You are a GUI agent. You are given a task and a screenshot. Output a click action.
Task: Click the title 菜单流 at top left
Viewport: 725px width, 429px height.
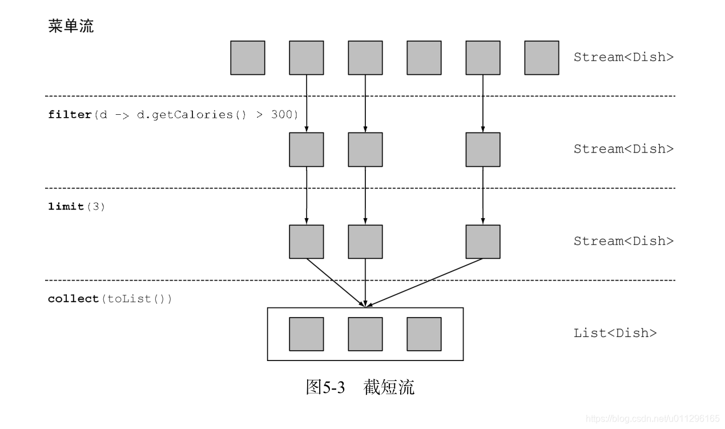coord(71,26)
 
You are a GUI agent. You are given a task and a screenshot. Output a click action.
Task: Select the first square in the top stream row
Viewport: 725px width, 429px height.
coord(247,58)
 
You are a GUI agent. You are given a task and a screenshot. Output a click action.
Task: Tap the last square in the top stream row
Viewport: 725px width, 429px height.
coord(541,58)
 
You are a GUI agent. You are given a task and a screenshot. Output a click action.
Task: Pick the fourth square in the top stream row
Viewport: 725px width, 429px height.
coord(424,58)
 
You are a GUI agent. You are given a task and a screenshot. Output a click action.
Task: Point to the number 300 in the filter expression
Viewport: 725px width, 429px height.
coord(285,114)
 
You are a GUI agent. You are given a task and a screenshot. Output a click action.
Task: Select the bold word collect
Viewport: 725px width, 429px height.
coord(73,299)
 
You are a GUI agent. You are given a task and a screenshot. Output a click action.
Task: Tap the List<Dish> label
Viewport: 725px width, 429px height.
coord(615,333)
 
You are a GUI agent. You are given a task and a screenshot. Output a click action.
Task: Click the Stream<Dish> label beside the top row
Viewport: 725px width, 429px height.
coord(623,57)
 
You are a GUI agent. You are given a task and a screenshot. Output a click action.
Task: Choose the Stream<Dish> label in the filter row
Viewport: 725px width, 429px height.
coord(623,149)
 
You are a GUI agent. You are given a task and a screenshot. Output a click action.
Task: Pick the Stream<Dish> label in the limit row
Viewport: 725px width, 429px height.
coord(623,241)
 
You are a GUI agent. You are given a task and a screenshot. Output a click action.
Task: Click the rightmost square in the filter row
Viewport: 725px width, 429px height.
coord(483,150)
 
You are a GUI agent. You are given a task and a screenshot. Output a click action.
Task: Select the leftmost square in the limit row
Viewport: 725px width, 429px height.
coord(306,242)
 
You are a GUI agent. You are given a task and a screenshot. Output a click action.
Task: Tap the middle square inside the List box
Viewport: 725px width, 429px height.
coord(365,334)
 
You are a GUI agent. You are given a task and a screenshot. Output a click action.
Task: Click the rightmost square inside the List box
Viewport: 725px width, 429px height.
coord(424,334)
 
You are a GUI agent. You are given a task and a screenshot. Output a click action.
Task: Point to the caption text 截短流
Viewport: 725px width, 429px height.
coord(388,387)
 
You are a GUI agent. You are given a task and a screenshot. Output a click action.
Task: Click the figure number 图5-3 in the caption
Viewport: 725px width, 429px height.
coord(326,387)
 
